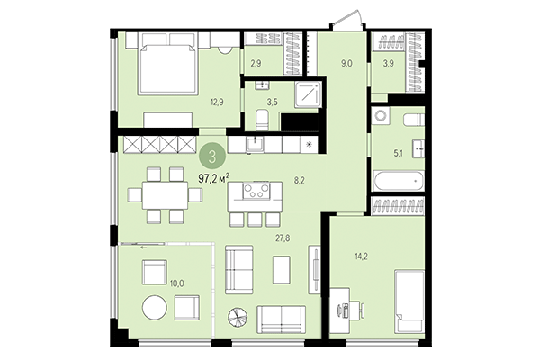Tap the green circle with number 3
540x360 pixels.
tap(212, 154)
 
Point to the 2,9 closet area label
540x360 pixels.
tap(256, 65)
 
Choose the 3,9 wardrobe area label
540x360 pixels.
tap(389, 65)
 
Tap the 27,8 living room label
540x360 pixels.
tap(283, 239)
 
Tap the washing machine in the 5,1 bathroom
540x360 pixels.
tap(380, 117)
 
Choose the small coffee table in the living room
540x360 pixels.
tap(282, 266)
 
